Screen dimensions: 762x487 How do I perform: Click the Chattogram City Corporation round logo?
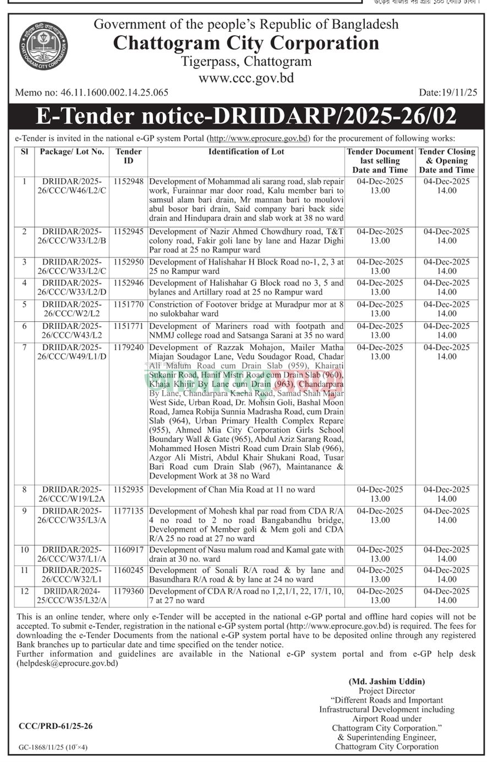43,47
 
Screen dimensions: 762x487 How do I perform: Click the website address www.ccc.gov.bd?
246,78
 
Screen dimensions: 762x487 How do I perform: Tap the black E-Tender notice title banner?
245,116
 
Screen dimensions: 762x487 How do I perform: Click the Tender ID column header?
129,156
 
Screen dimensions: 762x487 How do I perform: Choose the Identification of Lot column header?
246,152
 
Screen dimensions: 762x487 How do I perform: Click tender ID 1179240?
129,348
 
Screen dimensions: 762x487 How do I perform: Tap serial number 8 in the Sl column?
24,490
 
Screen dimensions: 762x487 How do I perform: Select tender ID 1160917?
129,550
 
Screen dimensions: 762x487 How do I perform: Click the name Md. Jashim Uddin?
387,681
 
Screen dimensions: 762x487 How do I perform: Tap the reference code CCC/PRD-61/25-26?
56,726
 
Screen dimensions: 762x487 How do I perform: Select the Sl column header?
24,152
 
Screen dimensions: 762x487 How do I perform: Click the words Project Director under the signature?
387,690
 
